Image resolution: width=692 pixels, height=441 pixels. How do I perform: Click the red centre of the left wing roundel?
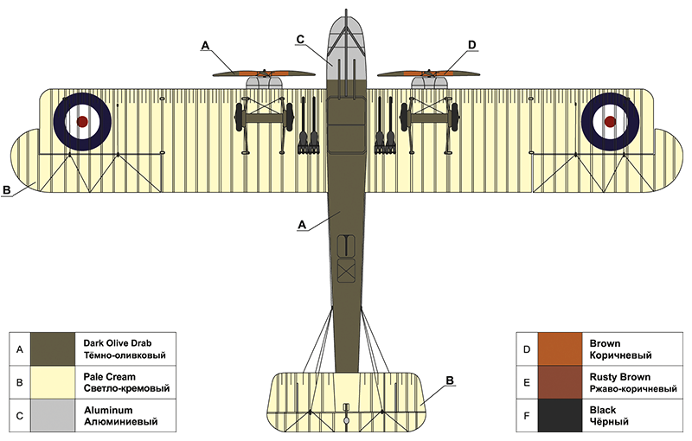click(82, 122)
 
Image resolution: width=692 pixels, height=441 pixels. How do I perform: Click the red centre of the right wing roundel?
click(609, 122)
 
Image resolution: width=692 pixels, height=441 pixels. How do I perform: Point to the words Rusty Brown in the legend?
click(615, 376)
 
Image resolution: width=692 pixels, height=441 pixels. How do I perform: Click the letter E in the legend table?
click(526, 383)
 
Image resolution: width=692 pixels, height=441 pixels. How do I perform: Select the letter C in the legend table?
click(20, 416)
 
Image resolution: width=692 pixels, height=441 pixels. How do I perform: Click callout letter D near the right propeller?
click(471, 44)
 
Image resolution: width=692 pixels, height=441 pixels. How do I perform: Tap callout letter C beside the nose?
click(300, 39)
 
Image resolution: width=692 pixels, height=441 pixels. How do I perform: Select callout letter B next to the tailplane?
click(449, 380)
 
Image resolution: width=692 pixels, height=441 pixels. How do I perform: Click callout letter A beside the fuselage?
click(301, 224)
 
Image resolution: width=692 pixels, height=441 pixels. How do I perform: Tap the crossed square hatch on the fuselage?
click(346, 272)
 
